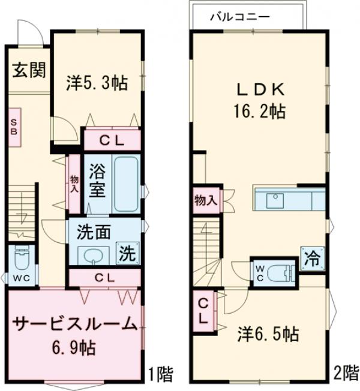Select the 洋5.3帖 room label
(x=97, y=83)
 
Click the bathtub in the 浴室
(x=127, y=184)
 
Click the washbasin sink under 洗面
(x=92, y=257)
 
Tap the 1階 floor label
(x=160, y=375)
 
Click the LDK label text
(x=259, y=90)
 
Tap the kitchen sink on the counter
(x=275, y=199)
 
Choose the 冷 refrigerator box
(x=312, y=259)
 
